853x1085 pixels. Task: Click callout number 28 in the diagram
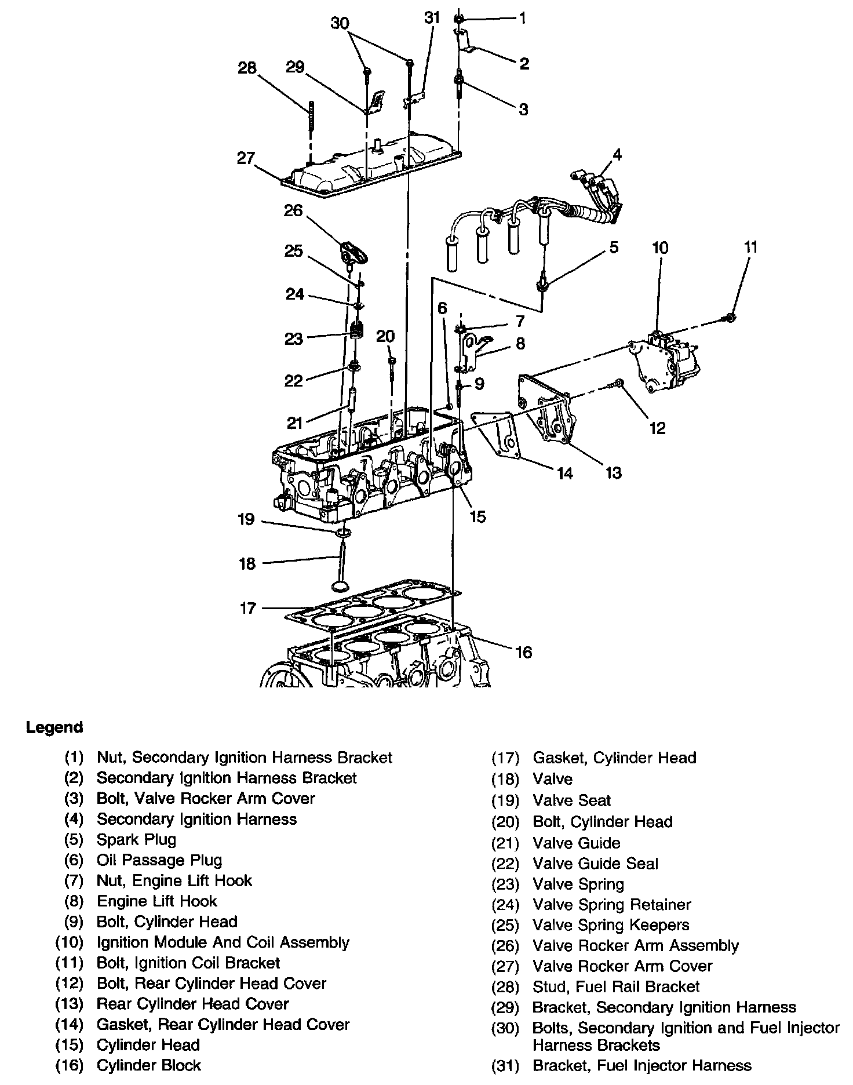(x=247, y=68)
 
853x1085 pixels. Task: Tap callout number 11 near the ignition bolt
(x=750, y=247)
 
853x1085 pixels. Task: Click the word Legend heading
(x=54, y=727)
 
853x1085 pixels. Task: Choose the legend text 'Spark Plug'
(x=136, y=839)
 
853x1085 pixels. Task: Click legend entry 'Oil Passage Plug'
(x=159, y=860)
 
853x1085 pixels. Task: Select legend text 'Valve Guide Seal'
(x=595, y=864)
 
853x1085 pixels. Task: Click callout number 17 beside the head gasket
(x=247, y=609)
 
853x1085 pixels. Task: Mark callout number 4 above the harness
(x=617, y=155)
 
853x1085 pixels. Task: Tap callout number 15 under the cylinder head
(x=477, y=516)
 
